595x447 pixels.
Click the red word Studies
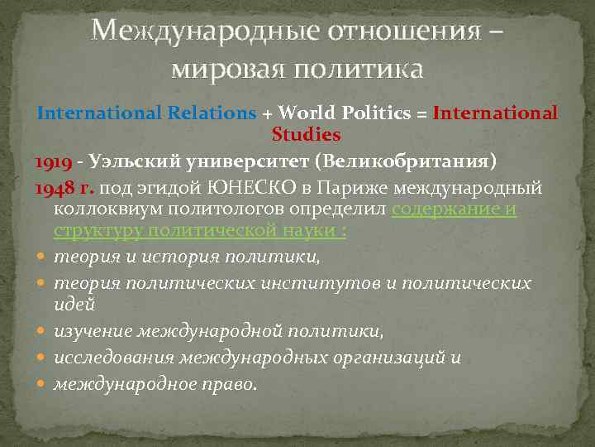click(x=306, y=133)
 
